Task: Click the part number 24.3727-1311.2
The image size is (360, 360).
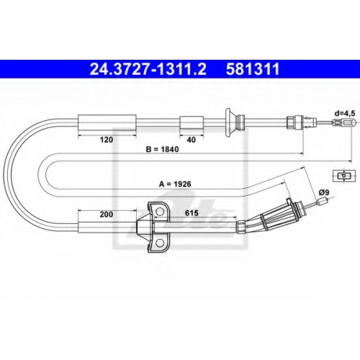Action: (148, 69)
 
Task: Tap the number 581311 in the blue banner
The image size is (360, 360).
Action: (253, 69)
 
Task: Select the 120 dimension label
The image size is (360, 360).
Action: (107, 140)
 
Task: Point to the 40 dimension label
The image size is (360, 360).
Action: (192, 140)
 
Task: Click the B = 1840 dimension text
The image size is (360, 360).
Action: (163, 149)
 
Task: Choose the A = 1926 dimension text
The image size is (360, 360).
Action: (175, 184)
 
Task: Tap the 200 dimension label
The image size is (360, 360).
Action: (107, 214)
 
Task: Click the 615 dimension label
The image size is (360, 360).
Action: (192, 212)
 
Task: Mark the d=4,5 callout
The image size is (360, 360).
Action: (345, 113)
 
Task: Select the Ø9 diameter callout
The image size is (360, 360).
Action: (324, 192)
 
